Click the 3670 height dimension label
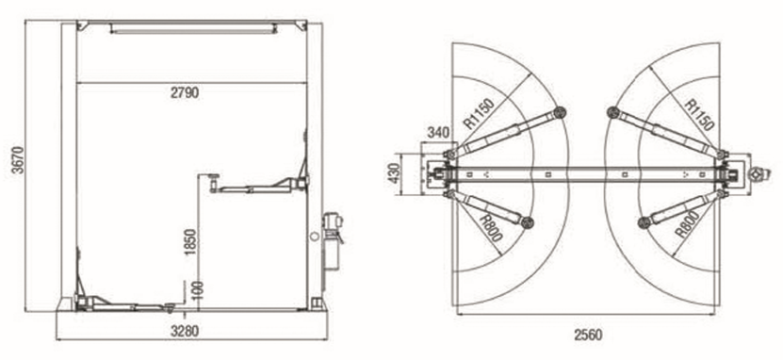click(18, 160)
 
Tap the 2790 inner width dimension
click(185, 93)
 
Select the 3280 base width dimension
click(185, 331)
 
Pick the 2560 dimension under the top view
click(588, 335)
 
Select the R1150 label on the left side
click(479, 113)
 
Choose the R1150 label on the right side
click(698, 115)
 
